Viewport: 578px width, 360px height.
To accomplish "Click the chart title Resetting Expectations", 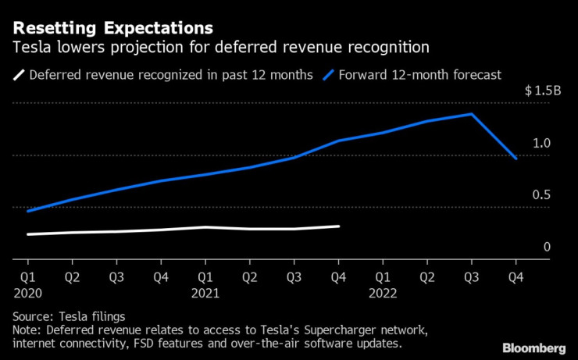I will pos(112,28).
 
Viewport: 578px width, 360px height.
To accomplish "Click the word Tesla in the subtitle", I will pos(31,48).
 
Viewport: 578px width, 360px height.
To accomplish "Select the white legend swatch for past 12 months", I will pos(18,75).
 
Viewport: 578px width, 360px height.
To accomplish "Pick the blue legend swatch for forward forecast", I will pos(329,75).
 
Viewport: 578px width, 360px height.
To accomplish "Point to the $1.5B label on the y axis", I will pos(543,91).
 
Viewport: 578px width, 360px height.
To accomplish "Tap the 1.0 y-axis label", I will pos(542,143).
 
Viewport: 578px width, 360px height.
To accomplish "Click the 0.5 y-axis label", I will pos(542,195).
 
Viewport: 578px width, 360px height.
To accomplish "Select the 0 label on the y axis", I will pos(547,247).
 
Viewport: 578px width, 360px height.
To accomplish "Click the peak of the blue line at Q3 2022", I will pos(471,114).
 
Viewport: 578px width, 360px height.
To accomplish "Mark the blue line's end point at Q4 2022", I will pos(516,158).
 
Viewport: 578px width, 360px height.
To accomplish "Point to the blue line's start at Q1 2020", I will pos(27,211).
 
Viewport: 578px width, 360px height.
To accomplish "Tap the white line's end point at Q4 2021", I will pos(338,226).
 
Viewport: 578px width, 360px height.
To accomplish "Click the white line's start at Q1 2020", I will pos(27,234).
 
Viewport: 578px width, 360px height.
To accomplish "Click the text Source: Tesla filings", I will pos(69,316).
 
